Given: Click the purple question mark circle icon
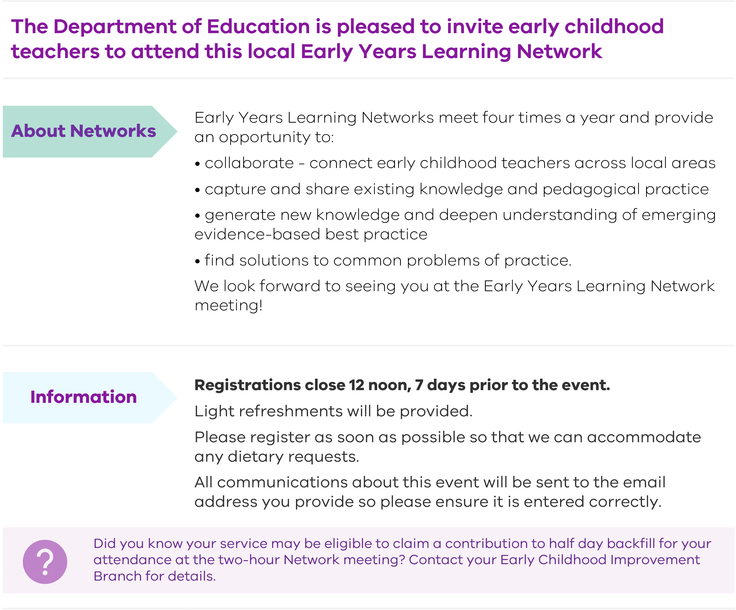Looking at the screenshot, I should pyautogui.click(x=45, y=562).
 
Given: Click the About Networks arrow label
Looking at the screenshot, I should pyautogui.click(x=83, y=131).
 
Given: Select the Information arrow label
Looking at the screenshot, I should pyautogui.click(x=83, y=397).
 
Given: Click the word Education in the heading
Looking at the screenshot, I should pyautogui.click(x=258, y=27).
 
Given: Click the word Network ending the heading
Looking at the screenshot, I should pyautogui.click(x=559, y=51).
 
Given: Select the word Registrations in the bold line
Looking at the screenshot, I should pyautogui.click(x=247, y=385).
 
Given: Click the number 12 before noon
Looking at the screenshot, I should pyautogui.click(x=357, y=385).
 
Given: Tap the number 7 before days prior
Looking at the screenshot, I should pyautogui.click(x=419, y=385).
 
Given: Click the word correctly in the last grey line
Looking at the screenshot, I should pyautogui.click(x=625, y=502).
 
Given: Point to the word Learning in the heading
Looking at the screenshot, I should pyautogui.click(x=466, y=51).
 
